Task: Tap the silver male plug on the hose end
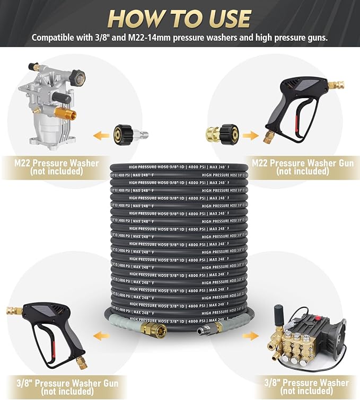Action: click(204, 330)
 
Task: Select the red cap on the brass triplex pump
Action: click(318, 318)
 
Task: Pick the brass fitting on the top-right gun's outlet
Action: click(336, 85)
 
